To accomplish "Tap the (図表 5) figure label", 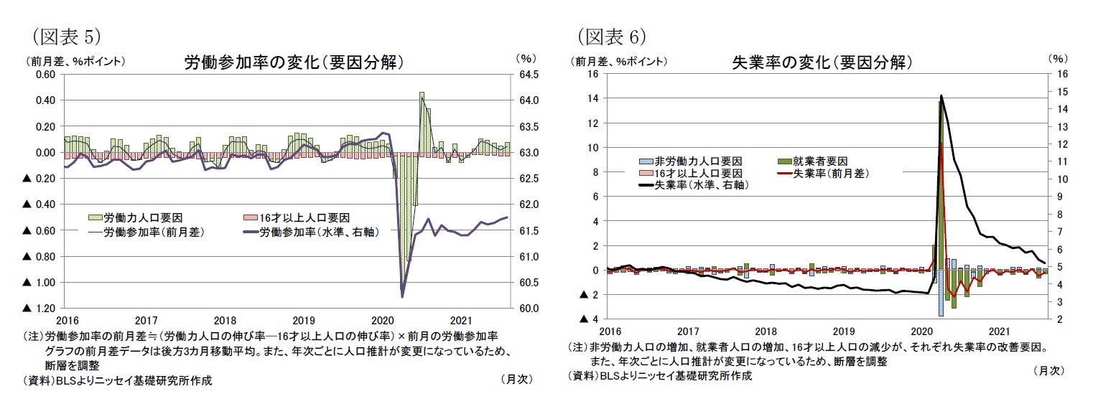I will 64,35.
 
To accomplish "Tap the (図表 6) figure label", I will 610,35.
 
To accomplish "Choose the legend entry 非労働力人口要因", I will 690,161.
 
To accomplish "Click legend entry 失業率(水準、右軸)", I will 693,185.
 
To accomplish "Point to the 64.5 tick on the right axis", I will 529,74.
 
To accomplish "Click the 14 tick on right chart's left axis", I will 593,98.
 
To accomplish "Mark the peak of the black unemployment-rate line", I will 941,95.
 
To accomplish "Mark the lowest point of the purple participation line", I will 402,296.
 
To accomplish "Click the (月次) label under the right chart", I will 1048,370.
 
